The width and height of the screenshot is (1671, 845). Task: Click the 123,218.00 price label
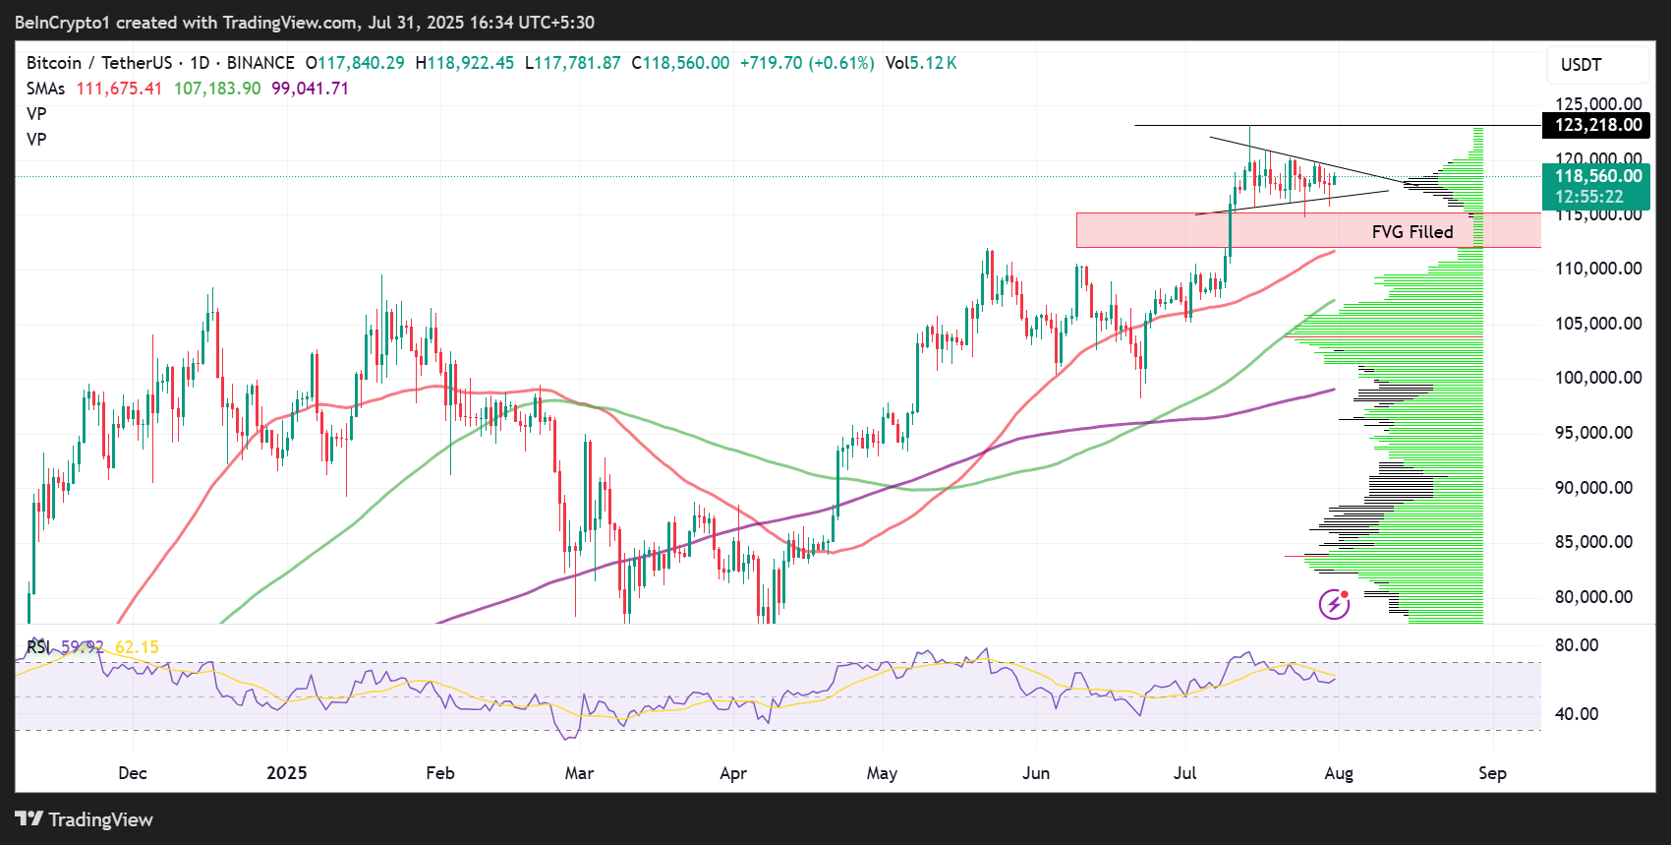pyautogui.click(x=1598, y=125)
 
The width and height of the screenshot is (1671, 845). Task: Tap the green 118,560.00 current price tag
pyautogui.click(x=1598, y=177)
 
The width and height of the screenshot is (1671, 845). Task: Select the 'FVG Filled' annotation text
pyautogui.click(x=1412, y=232)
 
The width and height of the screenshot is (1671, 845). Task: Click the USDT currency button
pyautogui.click(x=1582, y=65)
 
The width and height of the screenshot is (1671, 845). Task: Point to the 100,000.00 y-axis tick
pyautogui.click(x=1598, y=378)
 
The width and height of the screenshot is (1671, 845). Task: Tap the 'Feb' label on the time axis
pyautogui.click(x=440, y=773)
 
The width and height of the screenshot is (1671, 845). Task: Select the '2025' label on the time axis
pyautogui.click(x=287, y=773)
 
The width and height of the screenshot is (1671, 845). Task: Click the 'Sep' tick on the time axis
pyautogui.click(x=1492, y=773)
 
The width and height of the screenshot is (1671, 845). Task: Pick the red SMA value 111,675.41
pyautogui.click(x=119, y=89)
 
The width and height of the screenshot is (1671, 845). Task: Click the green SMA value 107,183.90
pyautogui.click(x=217, y=89)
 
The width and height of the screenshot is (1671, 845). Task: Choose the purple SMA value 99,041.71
pyautogui.click(x=310, y=89)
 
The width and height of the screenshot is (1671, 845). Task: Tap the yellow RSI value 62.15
pyautogui.click(x=137, y=647)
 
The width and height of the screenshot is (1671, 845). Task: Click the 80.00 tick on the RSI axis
pyautogui.click(x=1577, y=645)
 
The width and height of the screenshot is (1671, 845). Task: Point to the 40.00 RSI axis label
pyautogui.click(x=1577, y=714)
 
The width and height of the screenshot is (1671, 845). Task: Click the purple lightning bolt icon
pyautogui.click(x=1334, y=604)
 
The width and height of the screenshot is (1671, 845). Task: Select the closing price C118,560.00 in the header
pyautogui.click(x=680, y=63)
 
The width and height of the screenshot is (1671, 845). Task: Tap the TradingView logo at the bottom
pyautogui.click(x=85, y=819)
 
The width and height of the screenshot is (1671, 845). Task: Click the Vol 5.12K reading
pyautogui.click(x=921, y=63)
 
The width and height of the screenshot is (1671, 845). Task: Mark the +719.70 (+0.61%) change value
pyautogui.click(x=807, y=63)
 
